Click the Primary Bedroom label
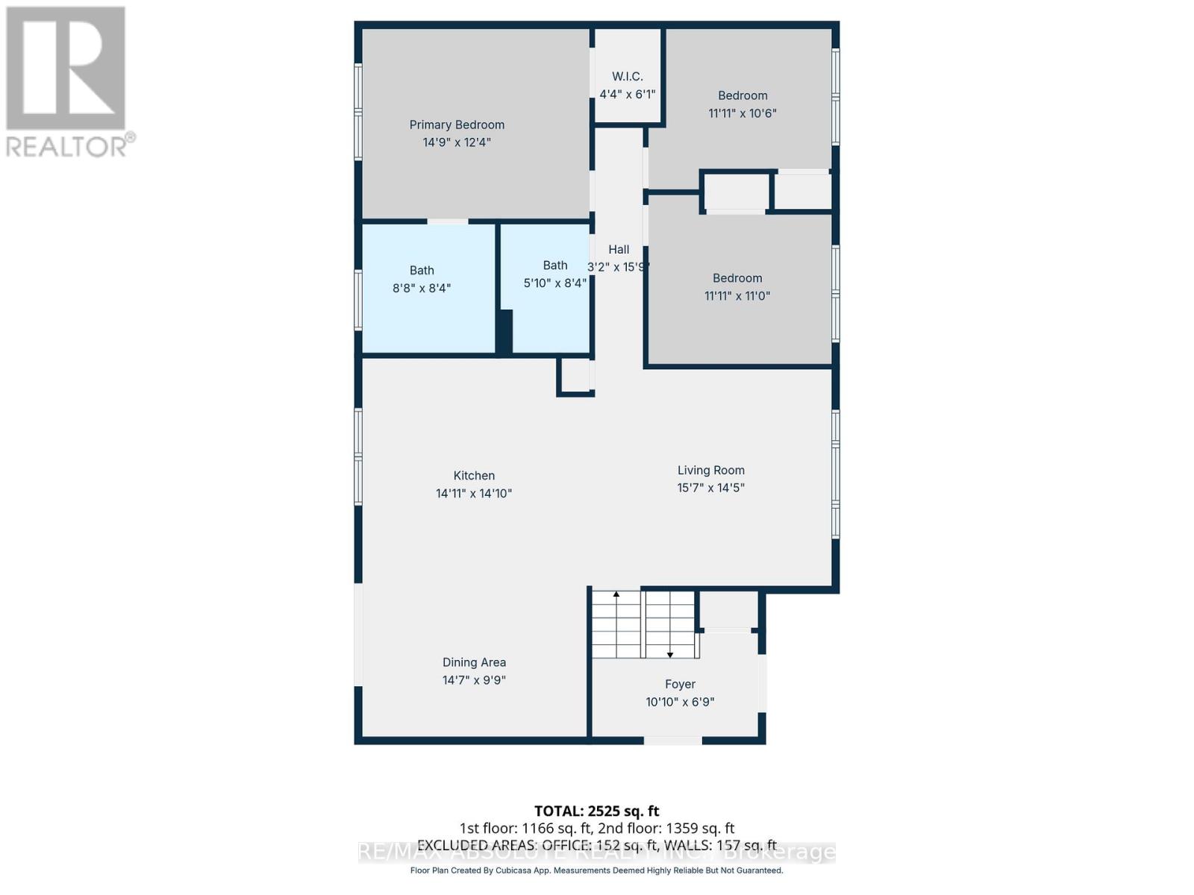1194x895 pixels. pos(457,125)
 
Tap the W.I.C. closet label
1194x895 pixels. pos(627,76)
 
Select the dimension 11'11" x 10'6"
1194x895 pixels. pos(742,113)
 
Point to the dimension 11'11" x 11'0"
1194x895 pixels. pos(737,296)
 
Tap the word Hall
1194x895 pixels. pos(619,250)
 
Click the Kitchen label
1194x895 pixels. pos(474,476)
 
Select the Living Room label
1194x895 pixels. pos(710,471)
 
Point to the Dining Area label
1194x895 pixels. pos(474,662)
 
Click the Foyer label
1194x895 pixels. pos(680,684)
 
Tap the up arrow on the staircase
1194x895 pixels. pos(616,594)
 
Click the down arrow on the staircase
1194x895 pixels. pos(670,654)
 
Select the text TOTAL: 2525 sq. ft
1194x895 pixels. pos(596,811)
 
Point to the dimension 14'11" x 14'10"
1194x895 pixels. pos(474,494)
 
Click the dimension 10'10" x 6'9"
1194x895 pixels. pos(680,702)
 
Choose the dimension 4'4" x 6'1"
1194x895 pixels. pos(627,94)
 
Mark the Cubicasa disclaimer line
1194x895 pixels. pos(596,870)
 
